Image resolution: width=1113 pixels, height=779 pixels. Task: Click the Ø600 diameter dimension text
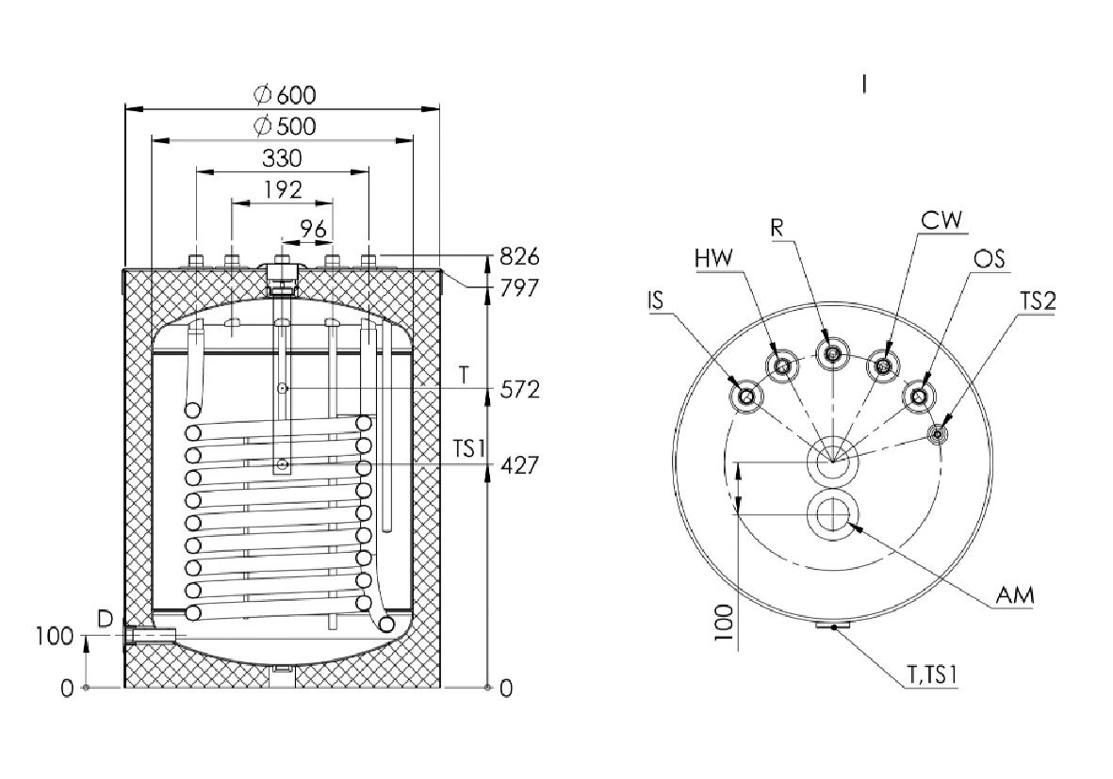(285, 94)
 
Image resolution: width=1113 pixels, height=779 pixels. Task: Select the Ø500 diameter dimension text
(285, 126)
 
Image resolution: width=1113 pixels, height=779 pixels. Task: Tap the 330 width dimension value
(282, 158)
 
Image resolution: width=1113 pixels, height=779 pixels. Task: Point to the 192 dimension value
(284, 189)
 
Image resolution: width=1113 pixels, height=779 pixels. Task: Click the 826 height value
(519, 255)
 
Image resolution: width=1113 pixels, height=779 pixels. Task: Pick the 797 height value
(519, 288)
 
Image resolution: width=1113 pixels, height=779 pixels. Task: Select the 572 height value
(519, 390)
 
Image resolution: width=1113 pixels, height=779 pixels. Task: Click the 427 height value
(519, 465)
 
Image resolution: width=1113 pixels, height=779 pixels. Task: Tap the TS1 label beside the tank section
(469, 448)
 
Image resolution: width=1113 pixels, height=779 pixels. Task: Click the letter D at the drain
(105, 620)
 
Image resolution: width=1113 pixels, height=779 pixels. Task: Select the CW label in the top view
(941, 220)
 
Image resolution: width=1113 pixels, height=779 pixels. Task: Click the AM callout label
(1015, 594)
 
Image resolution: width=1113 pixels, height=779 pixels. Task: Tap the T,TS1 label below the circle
(933, 674)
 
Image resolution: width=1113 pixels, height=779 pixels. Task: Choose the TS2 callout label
(1038, 301)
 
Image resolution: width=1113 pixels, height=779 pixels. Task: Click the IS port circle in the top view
(746, 396)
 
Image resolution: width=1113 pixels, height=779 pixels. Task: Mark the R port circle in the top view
(832, 353)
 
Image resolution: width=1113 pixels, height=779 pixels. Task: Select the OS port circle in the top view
(919, 396)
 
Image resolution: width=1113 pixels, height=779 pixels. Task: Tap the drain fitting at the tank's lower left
(149, 634)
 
